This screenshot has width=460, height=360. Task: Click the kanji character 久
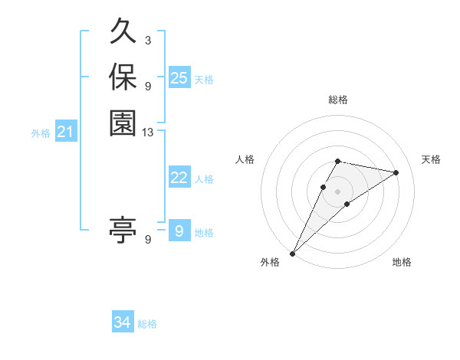[x=123, y=34]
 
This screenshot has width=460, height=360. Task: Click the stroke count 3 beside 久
[x=148, y=41]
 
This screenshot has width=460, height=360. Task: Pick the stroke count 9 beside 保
[x=148, y=86]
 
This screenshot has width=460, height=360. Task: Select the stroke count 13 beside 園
[x=148, y=133]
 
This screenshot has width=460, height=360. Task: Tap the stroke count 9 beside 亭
[x=148, y=239]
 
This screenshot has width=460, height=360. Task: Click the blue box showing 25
[x=179, y=78]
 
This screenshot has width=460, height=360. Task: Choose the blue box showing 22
[x=179, y=178]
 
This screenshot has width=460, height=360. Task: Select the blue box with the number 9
[x=179, y=231]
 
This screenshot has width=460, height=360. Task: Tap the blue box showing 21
[x=66, y=132]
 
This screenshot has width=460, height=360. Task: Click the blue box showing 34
[x=123, y=322]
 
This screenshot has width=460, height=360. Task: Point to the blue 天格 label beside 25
[x=204, y=80]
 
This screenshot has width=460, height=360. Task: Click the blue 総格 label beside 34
[x=147, y=324]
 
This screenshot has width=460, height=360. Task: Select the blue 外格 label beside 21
[x=41, y=133]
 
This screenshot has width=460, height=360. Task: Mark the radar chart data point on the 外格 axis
[x=293, y=253]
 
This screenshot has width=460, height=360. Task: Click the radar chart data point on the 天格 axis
[x=396, y=172]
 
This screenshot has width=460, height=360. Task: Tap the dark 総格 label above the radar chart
[x=338, y=100]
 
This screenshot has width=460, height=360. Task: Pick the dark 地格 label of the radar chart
[x=402, y=263]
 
